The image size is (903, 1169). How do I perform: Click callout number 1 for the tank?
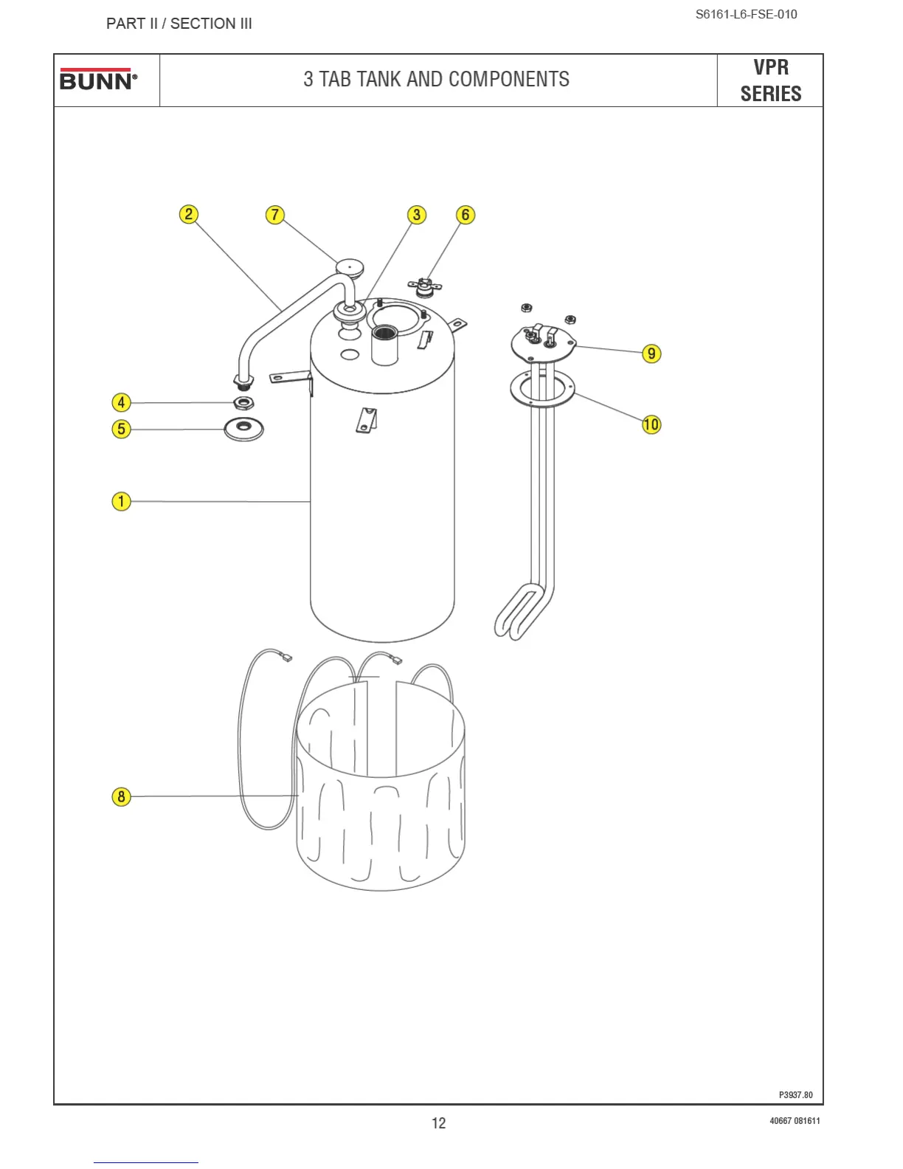pyautogui.click(x=121, y=502)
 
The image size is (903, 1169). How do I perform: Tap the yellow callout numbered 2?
pyautogui.click(x=189, y=214)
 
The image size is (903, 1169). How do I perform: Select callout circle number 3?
pyautogui.click(x=417, y=215)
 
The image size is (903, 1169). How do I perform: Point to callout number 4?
pyautogui.click(x=121, y=403)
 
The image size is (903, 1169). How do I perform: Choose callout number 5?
pyautogui.click(x=121, y=429)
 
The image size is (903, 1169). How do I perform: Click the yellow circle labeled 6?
pyautogui.click(x=465, y=215)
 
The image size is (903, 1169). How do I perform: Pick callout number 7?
pyautogui.click(x=275, y=215)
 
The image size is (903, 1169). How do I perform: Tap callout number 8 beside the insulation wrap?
pyautogui.click(x=121, y=797)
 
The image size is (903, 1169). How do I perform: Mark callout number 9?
pyautogui.click(x=651, y=354)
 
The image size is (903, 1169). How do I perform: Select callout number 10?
pyautogui.click(x=651, y=424)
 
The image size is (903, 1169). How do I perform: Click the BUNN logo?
pyautogui.click(x=98, y=80)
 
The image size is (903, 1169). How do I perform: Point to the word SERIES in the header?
pyautogui.click(x=771, y=94)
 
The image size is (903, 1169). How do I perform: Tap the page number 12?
pyautogui.click(x=438, y=1123)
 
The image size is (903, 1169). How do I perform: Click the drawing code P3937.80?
pyautogui.click(x=795, y=1095)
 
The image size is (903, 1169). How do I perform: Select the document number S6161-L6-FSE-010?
pyautogui.click(x=746, y=14)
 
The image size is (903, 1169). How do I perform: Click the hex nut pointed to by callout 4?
pyautogui.click(x=243, y=403)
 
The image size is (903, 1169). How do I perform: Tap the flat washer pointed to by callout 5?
pyautogui.click(x=244, y=429)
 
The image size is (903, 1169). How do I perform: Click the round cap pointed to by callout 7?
pyautogui.click(x=350, y=266)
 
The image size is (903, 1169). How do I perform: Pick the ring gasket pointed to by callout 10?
pyautogui.click(x=542, y=389)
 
